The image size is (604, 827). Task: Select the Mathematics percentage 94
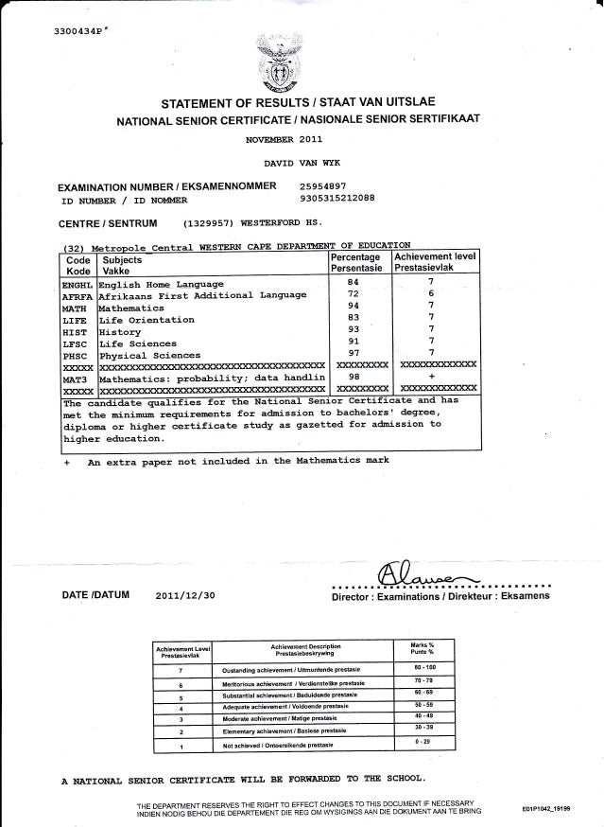[352, 306]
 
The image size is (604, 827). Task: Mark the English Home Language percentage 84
[352, 282]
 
